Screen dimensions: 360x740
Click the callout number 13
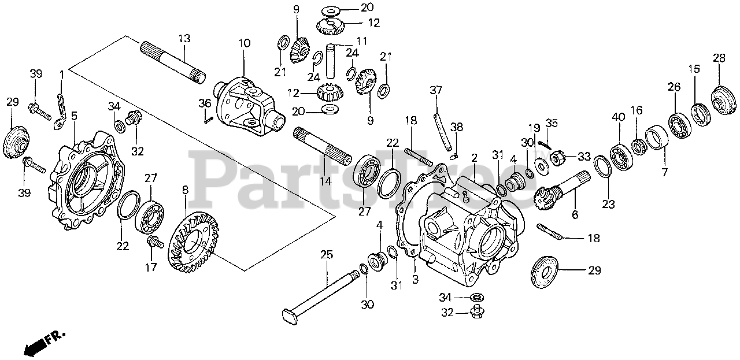tap(184, 39)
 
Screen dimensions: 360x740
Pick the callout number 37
tap(436, 90)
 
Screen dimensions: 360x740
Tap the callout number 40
tap(619, 117)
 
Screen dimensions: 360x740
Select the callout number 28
tap(719, 58)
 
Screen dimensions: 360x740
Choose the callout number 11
tap(362, 40)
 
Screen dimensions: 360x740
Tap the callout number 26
tap(674, 88)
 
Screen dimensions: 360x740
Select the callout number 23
tap(608, 203)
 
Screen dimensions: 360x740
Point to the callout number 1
tap(62, 75)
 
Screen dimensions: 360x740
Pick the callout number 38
tap(456, 127)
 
